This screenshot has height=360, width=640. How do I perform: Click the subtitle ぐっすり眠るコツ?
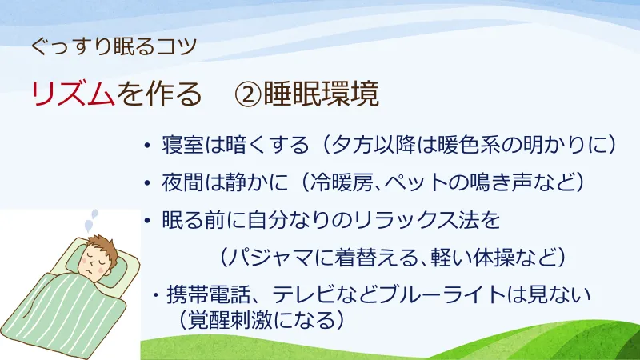pyautogui.click(x=112, y=46)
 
